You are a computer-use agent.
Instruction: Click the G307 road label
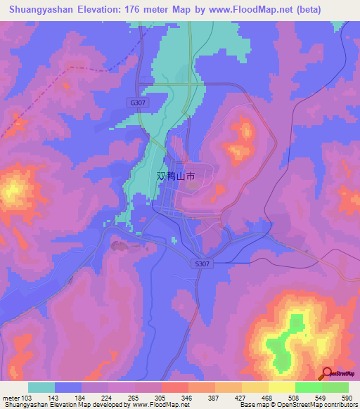[137, 103]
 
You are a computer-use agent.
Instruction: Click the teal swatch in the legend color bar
[41, 387]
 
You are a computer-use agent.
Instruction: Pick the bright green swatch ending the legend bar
[335, 387]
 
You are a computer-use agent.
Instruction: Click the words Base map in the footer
[252, 405]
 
